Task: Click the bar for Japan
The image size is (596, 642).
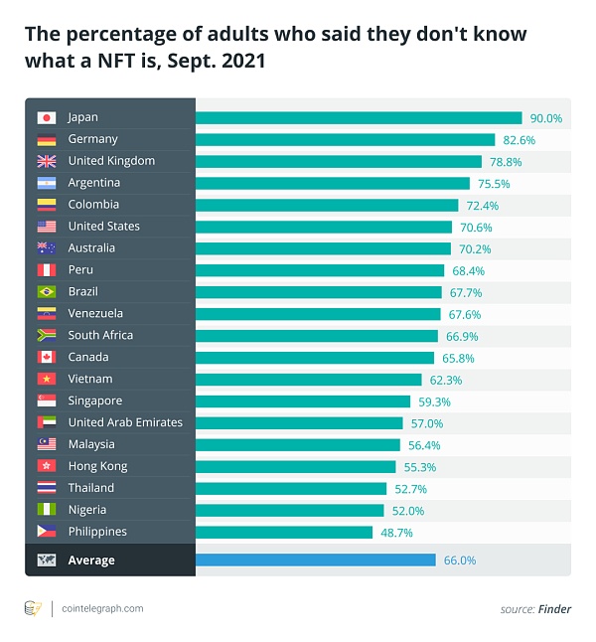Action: (x=358, y=117)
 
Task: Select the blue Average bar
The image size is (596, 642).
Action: (x=315, y=560)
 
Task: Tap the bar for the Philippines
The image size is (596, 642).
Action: (x=284, y=532)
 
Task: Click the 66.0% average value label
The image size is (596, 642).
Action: (x=459, y=560)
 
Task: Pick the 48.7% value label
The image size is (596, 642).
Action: (x=396, y=532)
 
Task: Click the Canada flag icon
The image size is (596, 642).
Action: (x=46, y=357)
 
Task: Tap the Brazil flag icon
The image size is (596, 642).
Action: (x=46, y=291)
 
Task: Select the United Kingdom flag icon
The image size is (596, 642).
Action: (x=46, y=161)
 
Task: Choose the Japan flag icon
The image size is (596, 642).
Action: (x=46, y=117)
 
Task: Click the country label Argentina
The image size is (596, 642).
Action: (x=93, y=183)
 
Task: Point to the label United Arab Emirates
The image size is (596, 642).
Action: (x=125, y=422)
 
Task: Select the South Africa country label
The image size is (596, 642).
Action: (x=100, y=335)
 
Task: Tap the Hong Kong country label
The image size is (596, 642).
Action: (x=97, y=466)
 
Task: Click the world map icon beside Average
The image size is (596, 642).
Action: (x=46, y=560)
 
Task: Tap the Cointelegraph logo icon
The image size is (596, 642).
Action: (x=33, y=607)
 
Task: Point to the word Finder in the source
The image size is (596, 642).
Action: (x=555, y=608)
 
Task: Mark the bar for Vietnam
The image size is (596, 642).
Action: (x=308, y=379)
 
